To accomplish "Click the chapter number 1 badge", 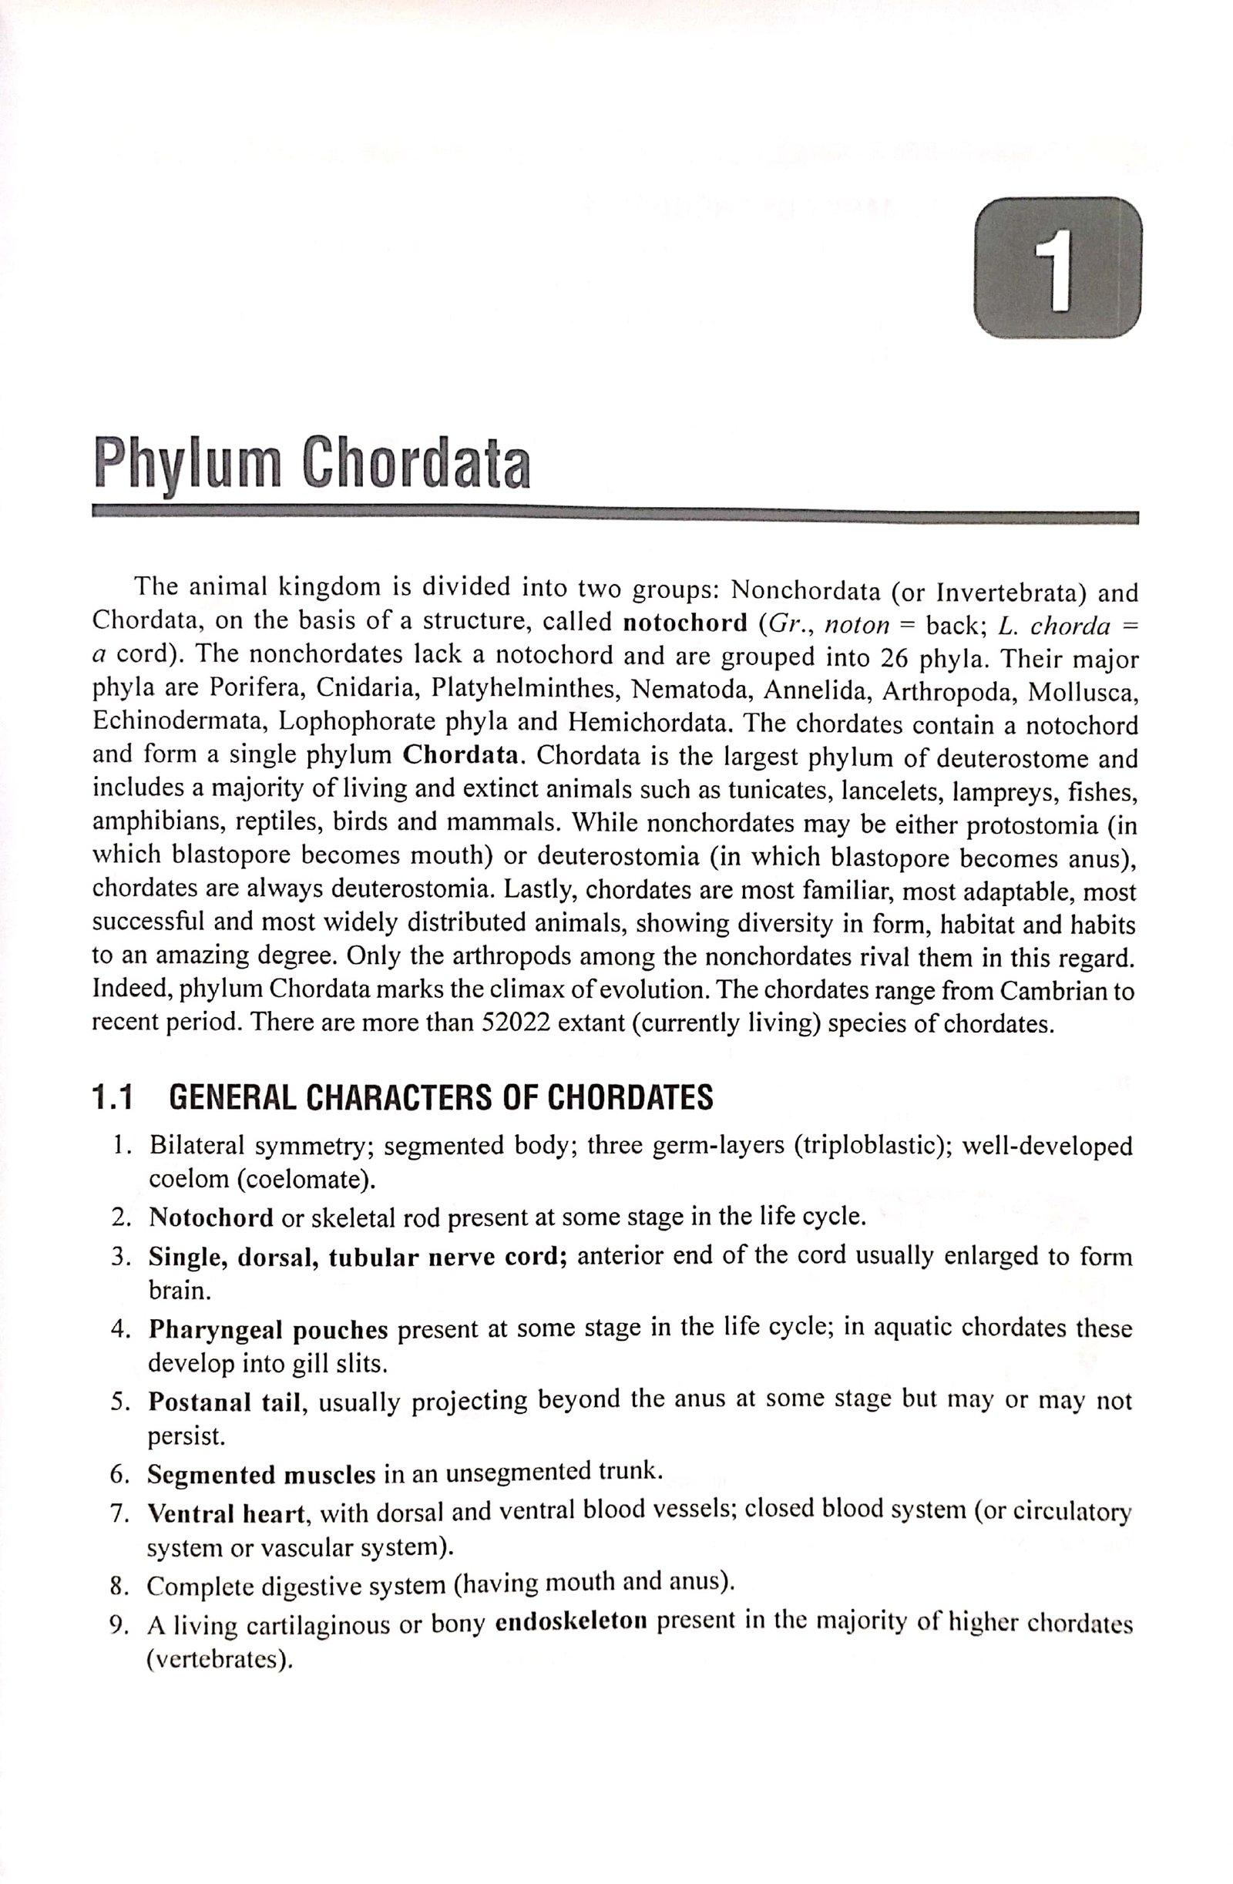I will coord(1060,268).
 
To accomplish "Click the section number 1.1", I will coord(113,1097).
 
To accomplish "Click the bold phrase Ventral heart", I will coord(226,1513).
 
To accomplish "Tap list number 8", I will coord(119,1586).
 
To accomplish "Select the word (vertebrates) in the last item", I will coord(220,1658).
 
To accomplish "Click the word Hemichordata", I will coord(652,723).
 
